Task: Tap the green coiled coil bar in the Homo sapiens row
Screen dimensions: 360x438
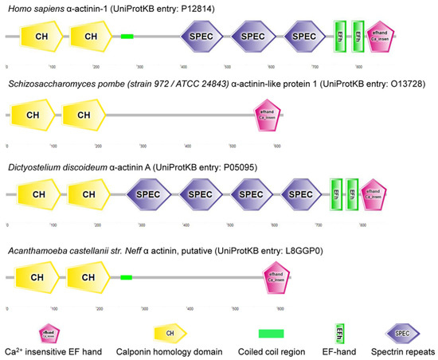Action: click(127, 36)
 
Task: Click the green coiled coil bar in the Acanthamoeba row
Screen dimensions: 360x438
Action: click(126, 276)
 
